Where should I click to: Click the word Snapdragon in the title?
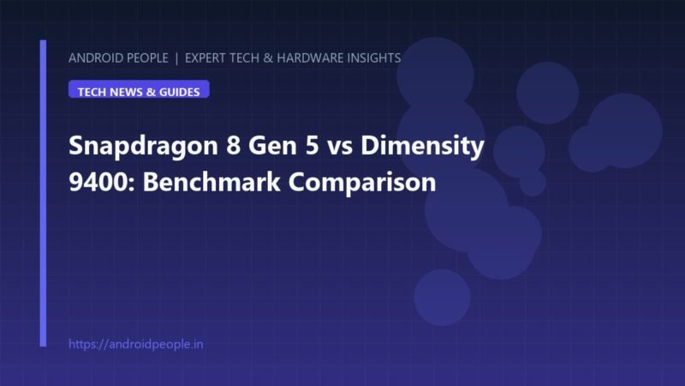[x=143, y=147]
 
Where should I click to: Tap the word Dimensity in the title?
[x=422, y=147]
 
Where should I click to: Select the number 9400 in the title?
[x=99, y=182]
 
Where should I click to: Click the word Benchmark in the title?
[x=211, y=181]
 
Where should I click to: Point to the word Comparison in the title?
[x=362, y=183]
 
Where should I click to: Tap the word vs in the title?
[x=340, y=148]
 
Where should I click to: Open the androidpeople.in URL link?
[x=136, y=344]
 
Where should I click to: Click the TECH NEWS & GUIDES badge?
[x=139, y=89]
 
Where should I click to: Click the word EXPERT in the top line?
[x=205, y=57]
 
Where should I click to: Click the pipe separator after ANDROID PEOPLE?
[x=176, y=58]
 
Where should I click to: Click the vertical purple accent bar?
[x=43, y=193]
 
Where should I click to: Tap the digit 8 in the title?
[x=233, y=145]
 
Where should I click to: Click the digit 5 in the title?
[x=312, y=146]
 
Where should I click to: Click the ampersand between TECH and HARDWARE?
[x=268, y=57]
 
